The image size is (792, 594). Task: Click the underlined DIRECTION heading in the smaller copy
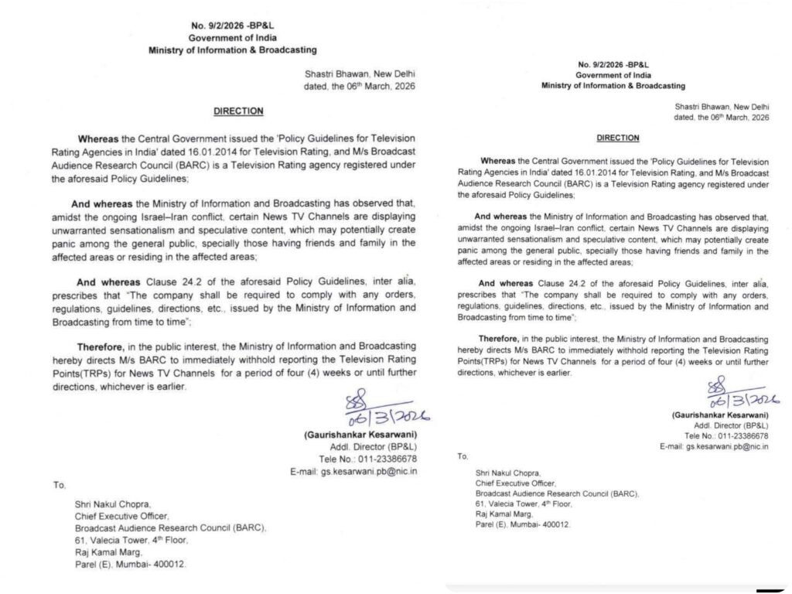pos(617,138)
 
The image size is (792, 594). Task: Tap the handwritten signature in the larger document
pos(382,410)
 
